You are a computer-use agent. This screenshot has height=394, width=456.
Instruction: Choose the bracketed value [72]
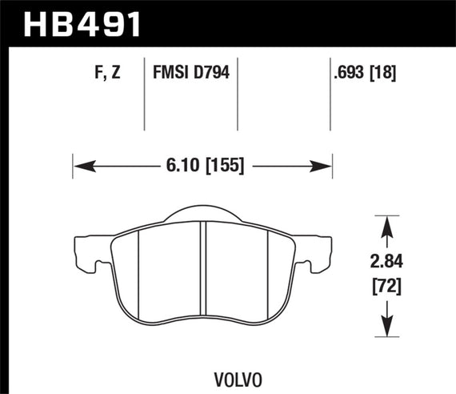click(x=389, y=284)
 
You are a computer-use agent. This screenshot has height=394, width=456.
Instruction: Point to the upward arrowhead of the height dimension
click(x=389, y=220)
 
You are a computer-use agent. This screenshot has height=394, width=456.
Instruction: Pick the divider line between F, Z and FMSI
click(x=143, y=96)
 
